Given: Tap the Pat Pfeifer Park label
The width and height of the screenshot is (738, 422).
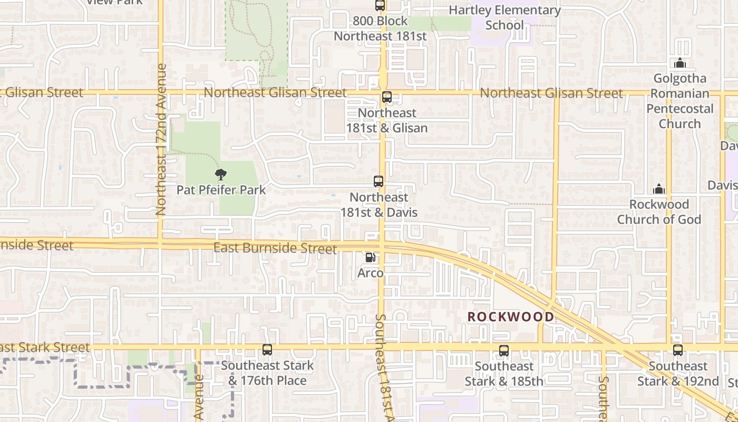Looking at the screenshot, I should tap(221, 190).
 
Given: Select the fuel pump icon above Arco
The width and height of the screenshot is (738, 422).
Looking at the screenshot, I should tap(371, 257).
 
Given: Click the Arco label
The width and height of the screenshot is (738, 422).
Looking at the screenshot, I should tap(371, 273).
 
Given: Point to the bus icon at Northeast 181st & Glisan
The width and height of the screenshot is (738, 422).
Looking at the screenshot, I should tap(387, 97).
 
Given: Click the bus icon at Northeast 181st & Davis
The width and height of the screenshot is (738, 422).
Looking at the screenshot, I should tap(378, 181).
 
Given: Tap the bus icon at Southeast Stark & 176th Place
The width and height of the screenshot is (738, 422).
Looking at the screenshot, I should tap(267, 350).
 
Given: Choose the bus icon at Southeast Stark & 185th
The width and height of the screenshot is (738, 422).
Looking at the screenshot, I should tap(504, 350).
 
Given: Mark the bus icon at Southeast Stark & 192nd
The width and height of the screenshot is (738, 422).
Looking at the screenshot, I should tap(678, 350).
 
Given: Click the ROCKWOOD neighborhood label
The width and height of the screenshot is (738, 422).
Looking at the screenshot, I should tap(511, 316).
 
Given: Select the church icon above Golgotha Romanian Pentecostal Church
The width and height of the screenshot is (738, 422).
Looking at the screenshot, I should tap(680, 63).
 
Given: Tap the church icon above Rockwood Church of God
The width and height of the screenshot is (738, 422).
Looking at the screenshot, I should tap(659, 189).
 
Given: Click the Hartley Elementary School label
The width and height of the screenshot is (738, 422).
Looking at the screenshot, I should tap(504, 17).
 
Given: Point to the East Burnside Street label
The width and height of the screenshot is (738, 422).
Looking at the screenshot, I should tap(275, 247).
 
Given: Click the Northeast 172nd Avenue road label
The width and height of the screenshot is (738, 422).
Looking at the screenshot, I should tap(161, 140).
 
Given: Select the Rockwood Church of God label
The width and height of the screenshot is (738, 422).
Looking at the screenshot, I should tap(659, 212).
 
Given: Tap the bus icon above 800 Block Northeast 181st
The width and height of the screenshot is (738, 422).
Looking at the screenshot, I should tap(380, 6).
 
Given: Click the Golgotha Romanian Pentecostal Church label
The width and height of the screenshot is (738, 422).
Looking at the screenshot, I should tap(680, 101).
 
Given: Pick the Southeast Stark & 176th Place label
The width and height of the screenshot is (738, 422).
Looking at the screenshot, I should tap(267, 373).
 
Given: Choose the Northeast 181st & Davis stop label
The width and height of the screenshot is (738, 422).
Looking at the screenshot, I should tap(379, 205).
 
